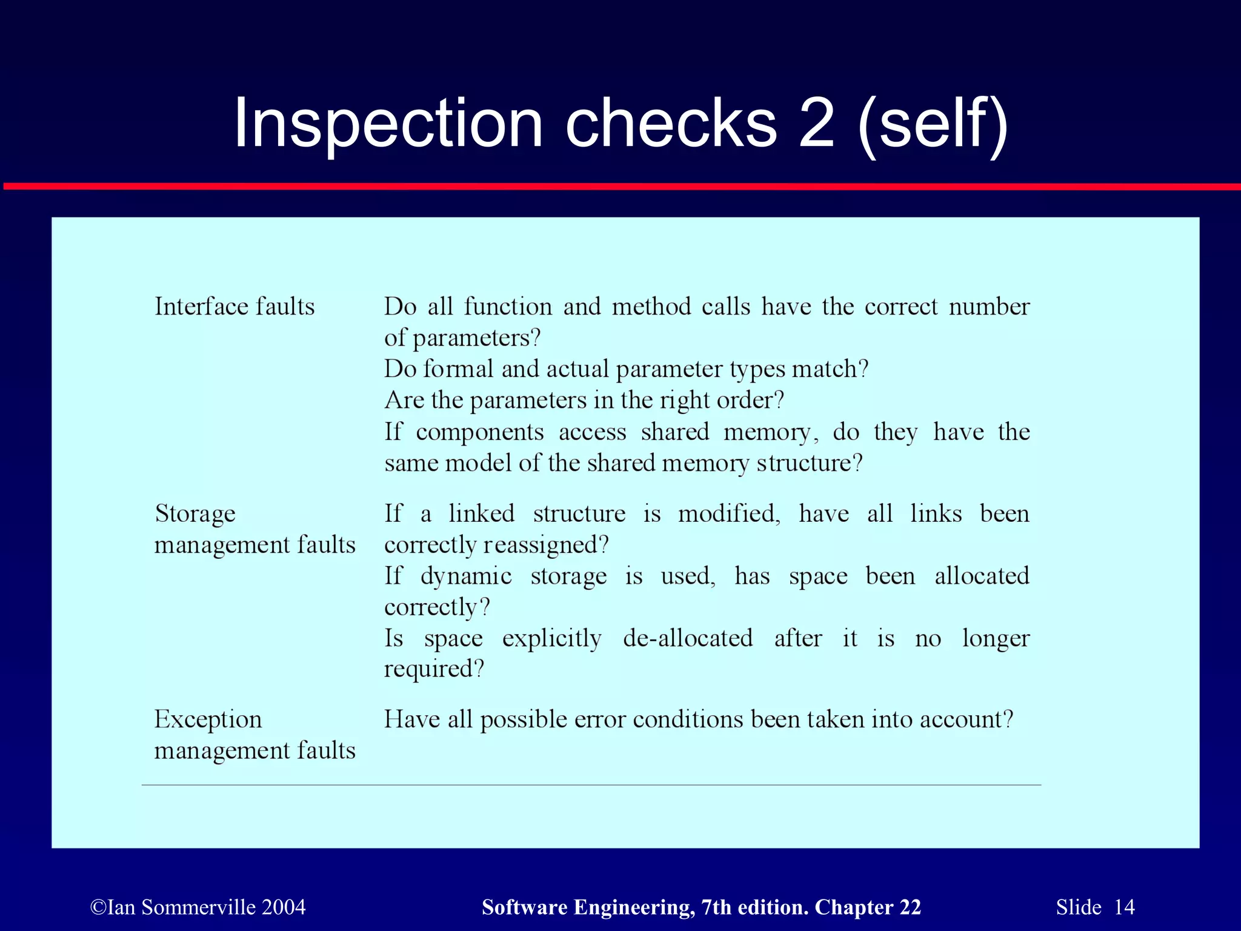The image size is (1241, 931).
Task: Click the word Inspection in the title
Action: pyautogui.click(x=388, y=124)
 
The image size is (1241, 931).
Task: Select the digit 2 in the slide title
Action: pyautogui.click(x=816, y=124)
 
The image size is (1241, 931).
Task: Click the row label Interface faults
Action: pyautogui.click(x=235, y=307)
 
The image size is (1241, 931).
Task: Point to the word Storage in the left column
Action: pyautogui.click(x=195, y=514)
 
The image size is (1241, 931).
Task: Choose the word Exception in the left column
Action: pyautogui.click(x=208, y=719)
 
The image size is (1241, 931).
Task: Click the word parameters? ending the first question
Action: pyautogui.click(x=476, y=338)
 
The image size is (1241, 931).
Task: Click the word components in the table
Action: pyautogui.click(x=480, y=432)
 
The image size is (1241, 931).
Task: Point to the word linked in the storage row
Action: pyautogui.click(x=481, y=514)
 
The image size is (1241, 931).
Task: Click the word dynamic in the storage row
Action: pyautogui.click(x=466, y=576)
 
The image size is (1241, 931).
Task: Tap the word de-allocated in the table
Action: pyautogui.click(x=688, y=638)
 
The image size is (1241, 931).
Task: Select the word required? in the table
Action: pyautogui.click(x=434, y=669)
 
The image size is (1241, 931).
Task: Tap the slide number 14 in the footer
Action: pyautogui.click(x=1124, y=907)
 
